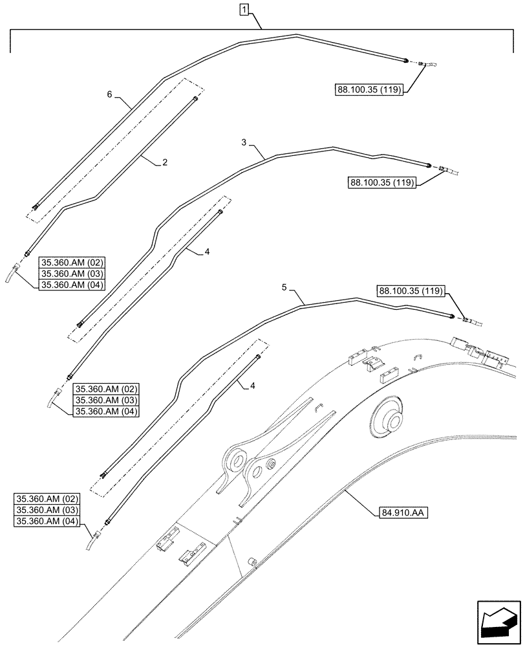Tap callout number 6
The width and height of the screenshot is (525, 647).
tap(110, 94)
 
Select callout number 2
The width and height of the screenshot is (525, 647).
tap(165, 163)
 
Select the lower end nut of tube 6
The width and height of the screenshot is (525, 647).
tap(36, 207)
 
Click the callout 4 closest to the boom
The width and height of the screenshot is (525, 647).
tap(252, 386)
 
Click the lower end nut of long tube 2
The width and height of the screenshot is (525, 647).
tap(27, 254)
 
